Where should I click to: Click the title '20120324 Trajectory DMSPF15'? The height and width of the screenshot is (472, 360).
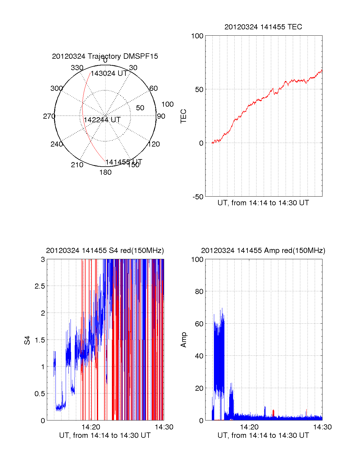click(105, 56)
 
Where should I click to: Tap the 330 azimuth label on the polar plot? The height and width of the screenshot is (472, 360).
click(77, 68)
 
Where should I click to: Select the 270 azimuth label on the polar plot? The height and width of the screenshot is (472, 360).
click(49, 116)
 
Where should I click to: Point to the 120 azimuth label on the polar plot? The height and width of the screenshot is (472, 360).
click(154, 144)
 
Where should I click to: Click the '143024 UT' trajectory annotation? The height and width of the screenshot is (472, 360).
click(109, 73)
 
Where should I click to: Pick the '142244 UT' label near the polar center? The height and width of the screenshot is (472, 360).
click(102, 120)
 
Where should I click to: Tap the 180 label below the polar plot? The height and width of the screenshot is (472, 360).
click(105, 172)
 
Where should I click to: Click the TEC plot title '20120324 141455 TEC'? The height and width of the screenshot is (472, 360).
click(263, 27)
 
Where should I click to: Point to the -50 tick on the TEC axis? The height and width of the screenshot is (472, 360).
click(198, 197)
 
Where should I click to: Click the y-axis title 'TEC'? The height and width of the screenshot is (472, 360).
click(183, 116)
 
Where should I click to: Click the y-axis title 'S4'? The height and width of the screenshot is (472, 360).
click(27, 340)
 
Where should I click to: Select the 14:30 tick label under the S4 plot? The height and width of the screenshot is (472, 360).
click(164, 427)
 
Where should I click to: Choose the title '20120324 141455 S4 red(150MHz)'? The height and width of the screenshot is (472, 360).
click(105, 251)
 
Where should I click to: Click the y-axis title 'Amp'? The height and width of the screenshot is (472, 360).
click(183, 340)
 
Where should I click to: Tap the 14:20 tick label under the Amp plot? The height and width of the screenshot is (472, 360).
click(249, 427)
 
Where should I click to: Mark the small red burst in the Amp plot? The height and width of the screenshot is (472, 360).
click(273, 413)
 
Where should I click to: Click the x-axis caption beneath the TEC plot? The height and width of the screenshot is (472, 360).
click(263, 203)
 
